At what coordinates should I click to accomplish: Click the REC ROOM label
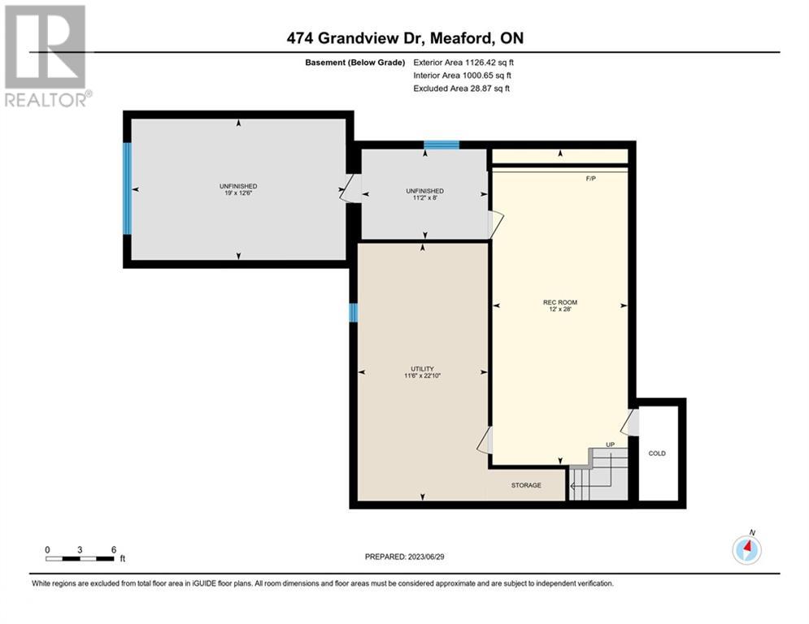click(560, 302)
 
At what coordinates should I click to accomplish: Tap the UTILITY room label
click(422, 369)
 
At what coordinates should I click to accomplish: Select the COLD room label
click(657, 453)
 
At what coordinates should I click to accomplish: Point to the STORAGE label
click(526, 485)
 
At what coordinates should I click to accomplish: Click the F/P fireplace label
click(591, 179)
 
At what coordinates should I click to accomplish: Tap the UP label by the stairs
click(611, 444)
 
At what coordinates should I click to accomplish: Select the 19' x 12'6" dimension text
click(238, 193)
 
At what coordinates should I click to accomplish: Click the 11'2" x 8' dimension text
click(424, 197)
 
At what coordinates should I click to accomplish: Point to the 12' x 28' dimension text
click(560, 309)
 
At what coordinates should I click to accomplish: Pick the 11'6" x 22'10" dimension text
click(422, 375)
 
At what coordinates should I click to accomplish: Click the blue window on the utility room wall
click(354, 313)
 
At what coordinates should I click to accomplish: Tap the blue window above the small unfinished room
click(441, 145)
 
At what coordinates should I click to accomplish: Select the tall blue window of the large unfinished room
click(127, 188)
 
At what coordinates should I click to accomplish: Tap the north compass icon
click(746, 549)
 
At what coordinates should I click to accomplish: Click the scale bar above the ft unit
click(80, 558)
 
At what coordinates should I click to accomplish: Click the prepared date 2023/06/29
click(426, 557)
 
